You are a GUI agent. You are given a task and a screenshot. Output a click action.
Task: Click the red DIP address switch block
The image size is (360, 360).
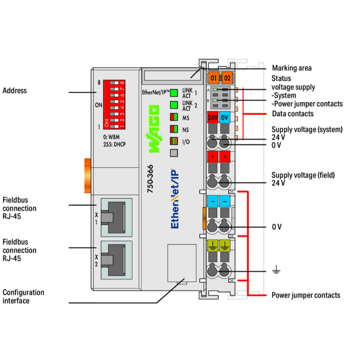point(114,104)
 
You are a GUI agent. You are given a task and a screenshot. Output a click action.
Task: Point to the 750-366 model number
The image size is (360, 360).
point(150,179)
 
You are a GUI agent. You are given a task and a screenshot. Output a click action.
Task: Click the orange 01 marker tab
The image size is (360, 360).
point(214,77)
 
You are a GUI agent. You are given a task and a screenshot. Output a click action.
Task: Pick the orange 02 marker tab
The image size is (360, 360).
point(227,77)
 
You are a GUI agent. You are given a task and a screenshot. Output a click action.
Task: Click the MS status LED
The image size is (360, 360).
point(174,117)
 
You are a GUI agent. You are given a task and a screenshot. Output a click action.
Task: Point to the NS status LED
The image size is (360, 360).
point(174,129)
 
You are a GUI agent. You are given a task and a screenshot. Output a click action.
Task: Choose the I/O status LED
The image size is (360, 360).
point(174,141)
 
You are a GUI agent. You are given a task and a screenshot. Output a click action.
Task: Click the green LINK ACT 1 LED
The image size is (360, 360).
point(174,93)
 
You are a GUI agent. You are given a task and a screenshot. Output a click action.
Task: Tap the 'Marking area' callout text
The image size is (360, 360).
point(291,68)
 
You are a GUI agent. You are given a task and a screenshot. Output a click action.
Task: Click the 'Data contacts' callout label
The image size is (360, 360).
point(292,114)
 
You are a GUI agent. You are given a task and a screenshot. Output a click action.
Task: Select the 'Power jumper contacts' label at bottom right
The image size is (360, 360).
point(306,295)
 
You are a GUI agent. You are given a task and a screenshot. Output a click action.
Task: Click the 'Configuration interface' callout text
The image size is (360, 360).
point(23,296)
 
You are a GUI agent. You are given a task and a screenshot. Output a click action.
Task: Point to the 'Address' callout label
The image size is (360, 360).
point(14,91)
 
